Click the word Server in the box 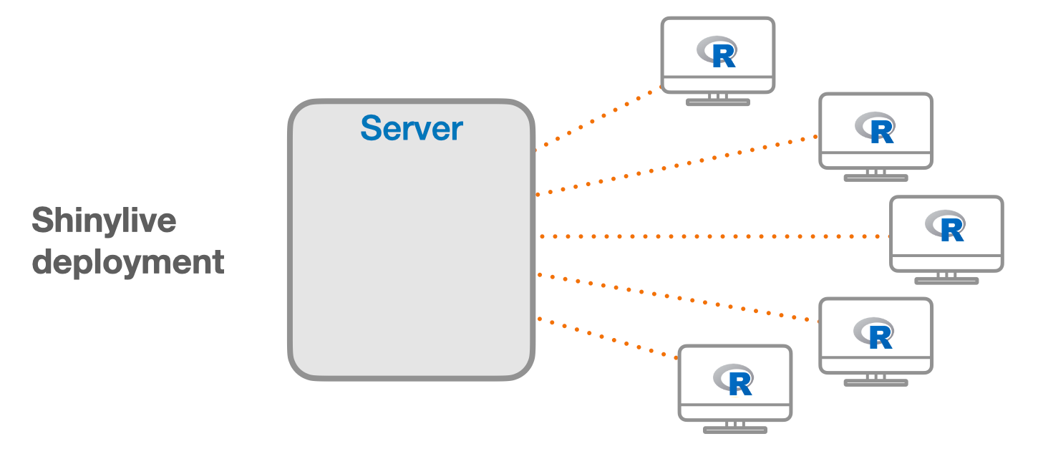pos(412,128)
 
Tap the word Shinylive pos(104,221)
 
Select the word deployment pos(129,262)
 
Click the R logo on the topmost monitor pos(718,52)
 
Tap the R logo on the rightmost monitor pos(946,226)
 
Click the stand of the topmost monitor pos(718,100)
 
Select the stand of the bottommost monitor pos(735,428)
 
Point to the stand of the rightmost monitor pos(946,279)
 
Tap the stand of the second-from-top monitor pos(875,175)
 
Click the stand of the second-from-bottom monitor pos(875,380)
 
